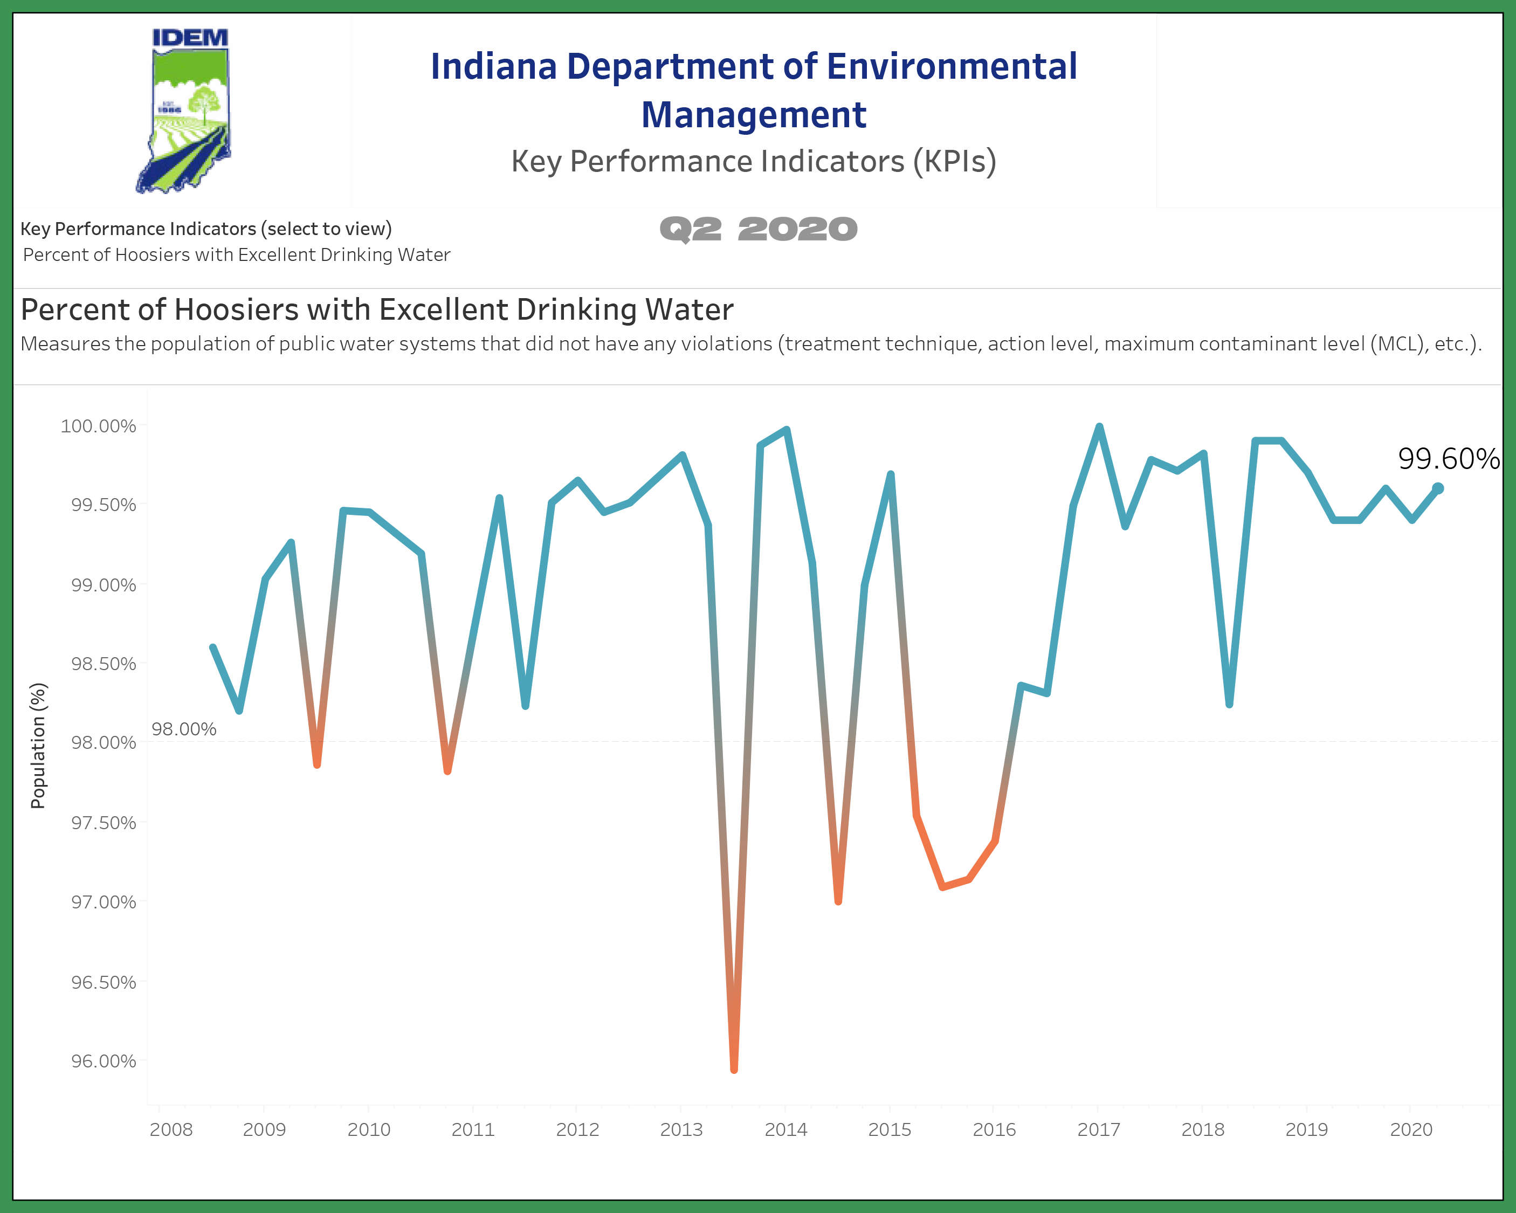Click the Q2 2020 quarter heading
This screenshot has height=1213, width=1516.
click(758, 229)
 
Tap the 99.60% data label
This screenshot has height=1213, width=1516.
click(1448, 459)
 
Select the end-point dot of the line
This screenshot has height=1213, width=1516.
click(1438, 488)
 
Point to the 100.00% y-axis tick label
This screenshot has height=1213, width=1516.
click(99, 426)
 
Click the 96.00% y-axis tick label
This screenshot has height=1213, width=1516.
click(104, 1061)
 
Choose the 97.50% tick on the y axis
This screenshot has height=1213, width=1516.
click(104, 823)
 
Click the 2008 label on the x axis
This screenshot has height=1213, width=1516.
click(171, 1130)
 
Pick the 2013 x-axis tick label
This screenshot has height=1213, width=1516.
click(681, 1130)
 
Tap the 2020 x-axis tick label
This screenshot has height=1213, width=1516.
click(1411, 1130)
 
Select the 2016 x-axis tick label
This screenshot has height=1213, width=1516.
click(994, 1130)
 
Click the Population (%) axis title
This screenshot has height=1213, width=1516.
click(38, 746)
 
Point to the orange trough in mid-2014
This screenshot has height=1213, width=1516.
click(838, 901)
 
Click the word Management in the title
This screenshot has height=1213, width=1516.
click(754, 115)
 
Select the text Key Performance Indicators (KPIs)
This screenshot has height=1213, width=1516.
click(754, 161)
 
